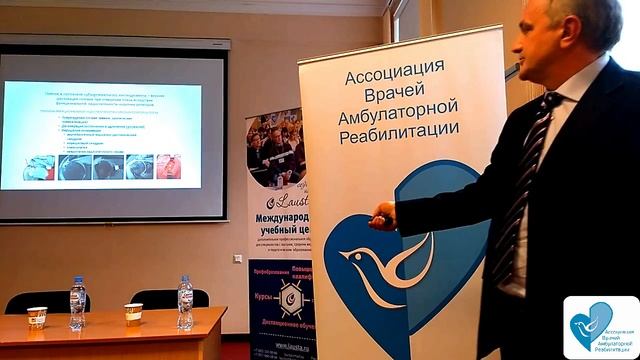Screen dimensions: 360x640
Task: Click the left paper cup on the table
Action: (37, 317)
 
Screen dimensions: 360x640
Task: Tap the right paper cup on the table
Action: (133, 313)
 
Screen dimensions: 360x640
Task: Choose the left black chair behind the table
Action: (45, 301)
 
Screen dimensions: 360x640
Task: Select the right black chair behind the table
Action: (160, 298)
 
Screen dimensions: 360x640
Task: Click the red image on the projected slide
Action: (169, 167)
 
